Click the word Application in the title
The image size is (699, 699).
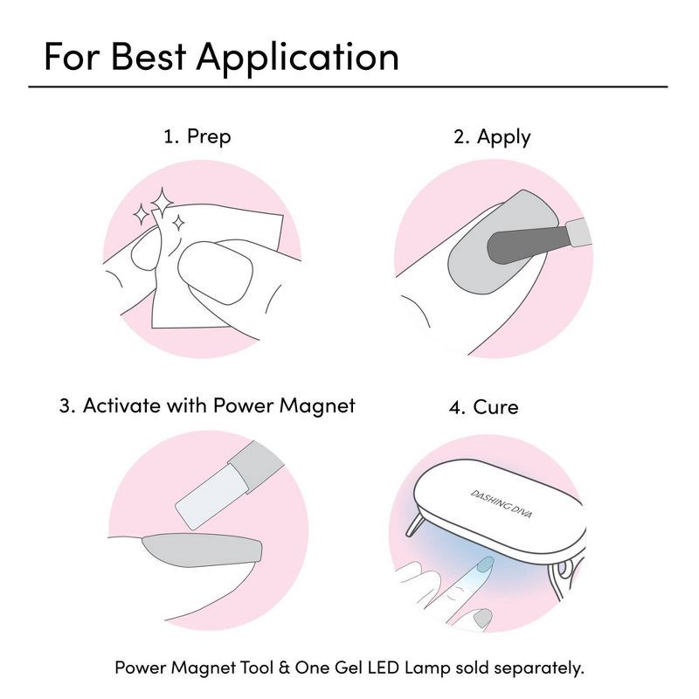click(x=298, y=57)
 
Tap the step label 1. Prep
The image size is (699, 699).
click(x=197, y=136)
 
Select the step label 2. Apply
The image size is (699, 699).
click(x=492, y=136)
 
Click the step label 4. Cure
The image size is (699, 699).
click(x=485, y=407)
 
